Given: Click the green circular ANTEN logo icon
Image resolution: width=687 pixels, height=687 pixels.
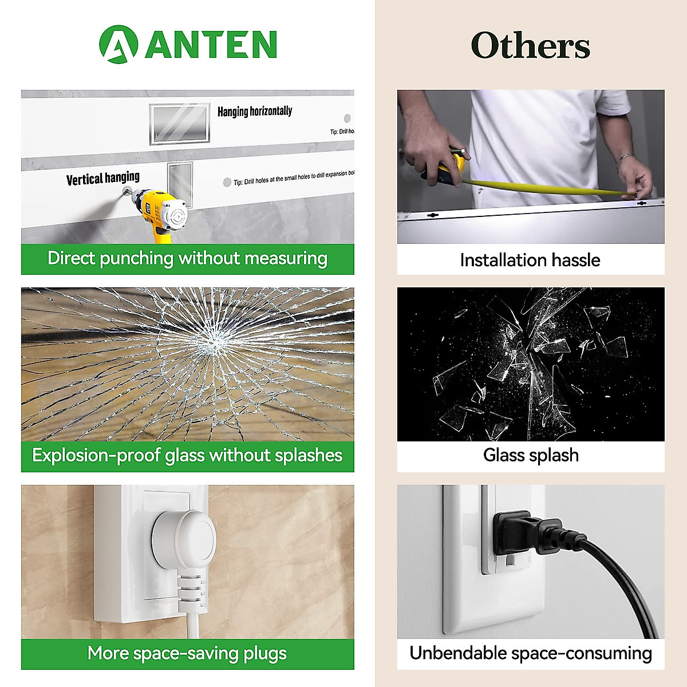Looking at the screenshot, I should click(x=118, y=44).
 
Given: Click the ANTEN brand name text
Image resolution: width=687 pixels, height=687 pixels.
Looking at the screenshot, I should click(x=211, y=45).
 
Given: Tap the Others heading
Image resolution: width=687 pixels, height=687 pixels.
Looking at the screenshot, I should click(x=530, y=46).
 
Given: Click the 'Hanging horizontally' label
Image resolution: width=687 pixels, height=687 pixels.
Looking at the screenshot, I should click(x=255, y=111).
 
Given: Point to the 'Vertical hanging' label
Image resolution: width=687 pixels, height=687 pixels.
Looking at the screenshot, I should click(x=103, y=179).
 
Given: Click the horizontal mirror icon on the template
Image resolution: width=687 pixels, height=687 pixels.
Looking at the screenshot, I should click(x=180, y=123).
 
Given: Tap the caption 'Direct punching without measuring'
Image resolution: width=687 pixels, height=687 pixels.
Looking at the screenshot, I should click(x=187, y=259).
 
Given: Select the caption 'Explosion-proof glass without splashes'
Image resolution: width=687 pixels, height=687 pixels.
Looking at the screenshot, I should click(x=187, y=456).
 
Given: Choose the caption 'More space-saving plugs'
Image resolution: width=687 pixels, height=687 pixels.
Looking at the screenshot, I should click(x=187, y=653).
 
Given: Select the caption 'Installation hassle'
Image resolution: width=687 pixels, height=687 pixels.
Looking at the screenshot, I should click(x=530, y=260).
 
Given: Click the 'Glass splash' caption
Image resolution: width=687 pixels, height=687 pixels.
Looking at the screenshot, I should click(x=531, y=456).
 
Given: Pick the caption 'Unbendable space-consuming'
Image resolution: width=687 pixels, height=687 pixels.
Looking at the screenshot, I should click(x=531, y=653).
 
